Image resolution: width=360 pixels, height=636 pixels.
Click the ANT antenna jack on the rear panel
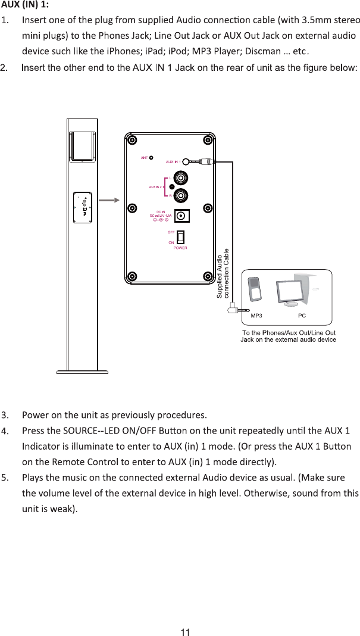pos(151,158)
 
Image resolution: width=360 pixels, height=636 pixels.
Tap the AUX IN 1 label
pos(173,161)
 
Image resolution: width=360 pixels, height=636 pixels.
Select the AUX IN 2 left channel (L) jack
pos(179,177)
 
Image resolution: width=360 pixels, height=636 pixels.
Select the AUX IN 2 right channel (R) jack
pos(179,195)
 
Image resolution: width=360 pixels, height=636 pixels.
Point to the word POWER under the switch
pos(180,247)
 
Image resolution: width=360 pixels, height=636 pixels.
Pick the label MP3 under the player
pos(256,315)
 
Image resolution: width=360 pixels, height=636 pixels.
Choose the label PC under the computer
pos(302,315)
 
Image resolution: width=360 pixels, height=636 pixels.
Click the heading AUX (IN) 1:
pos(25,5)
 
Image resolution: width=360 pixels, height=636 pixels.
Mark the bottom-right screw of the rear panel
pos(208,276)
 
